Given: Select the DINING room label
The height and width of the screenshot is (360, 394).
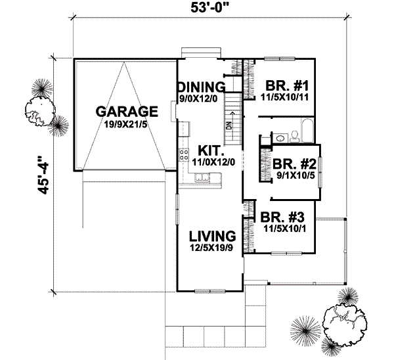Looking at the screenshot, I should tap(201, 87).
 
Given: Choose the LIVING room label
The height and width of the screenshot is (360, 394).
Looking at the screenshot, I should tap(212, 235).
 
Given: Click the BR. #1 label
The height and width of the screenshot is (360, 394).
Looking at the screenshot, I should tap(282, 85).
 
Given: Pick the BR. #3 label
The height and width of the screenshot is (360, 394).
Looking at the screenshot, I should tap(283, 217).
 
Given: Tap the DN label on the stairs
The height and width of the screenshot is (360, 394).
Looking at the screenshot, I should tap(229, 124).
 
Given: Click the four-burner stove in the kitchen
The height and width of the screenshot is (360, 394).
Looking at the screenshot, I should tap(182, 156).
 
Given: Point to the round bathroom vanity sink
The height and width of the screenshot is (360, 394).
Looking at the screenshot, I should tap(278, 137).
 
